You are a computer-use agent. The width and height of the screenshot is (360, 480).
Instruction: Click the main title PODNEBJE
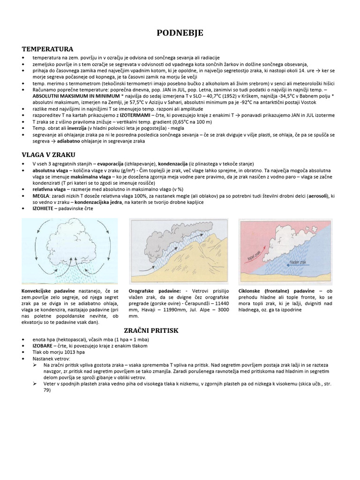(x=180, y=32)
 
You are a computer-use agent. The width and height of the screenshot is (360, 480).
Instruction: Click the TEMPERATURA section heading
(x=47, y=49)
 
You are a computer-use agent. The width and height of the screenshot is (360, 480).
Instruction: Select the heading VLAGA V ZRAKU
(x=49, y=154)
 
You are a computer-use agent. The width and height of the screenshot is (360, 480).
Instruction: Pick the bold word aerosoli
(x=316, y=195)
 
